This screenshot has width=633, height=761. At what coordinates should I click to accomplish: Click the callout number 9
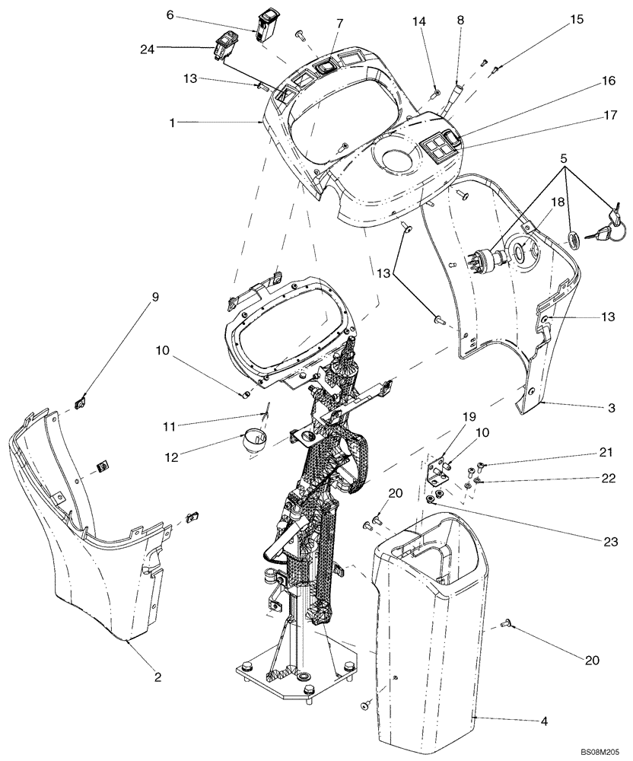[x=156, y=298]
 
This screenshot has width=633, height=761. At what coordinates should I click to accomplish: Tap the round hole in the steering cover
[x=394, y=161]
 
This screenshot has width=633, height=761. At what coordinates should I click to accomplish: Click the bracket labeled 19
[x=437, y=470]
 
